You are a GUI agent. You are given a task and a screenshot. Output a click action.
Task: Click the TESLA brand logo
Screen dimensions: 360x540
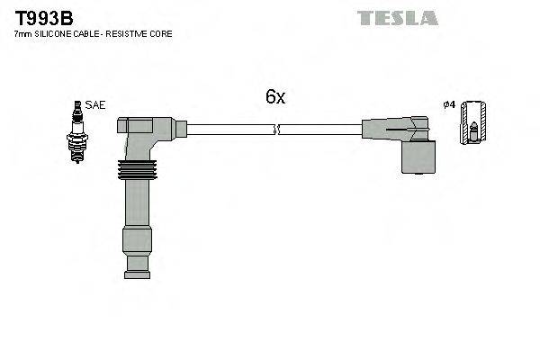397,17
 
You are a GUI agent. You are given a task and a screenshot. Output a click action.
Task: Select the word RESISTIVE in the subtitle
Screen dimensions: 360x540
127,33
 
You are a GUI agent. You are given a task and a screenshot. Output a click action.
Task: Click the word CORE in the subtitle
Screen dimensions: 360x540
161,33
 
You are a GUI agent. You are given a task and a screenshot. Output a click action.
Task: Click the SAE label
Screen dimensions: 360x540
96,105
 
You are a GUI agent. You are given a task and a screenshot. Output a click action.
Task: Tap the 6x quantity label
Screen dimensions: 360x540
274,97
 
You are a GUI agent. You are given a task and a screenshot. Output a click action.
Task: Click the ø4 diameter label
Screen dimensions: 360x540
449,105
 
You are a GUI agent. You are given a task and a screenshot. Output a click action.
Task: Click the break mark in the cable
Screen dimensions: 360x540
279,129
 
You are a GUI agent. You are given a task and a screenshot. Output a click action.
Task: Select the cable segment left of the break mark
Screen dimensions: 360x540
229,129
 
